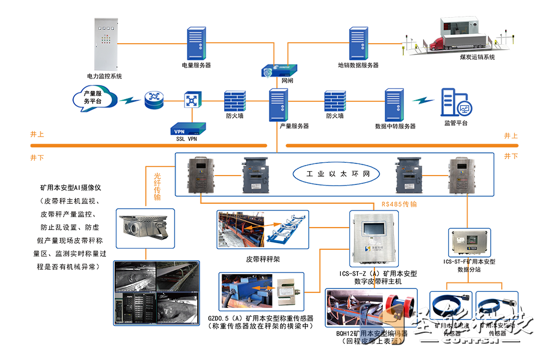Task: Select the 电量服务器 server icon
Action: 196,44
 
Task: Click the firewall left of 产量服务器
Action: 234,101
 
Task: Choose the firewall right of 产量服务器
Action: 335,101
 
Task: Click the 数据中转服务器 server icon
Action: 395,104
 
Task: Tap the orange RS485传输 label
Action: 398,204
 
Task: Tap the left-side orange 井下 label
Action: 37,158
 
